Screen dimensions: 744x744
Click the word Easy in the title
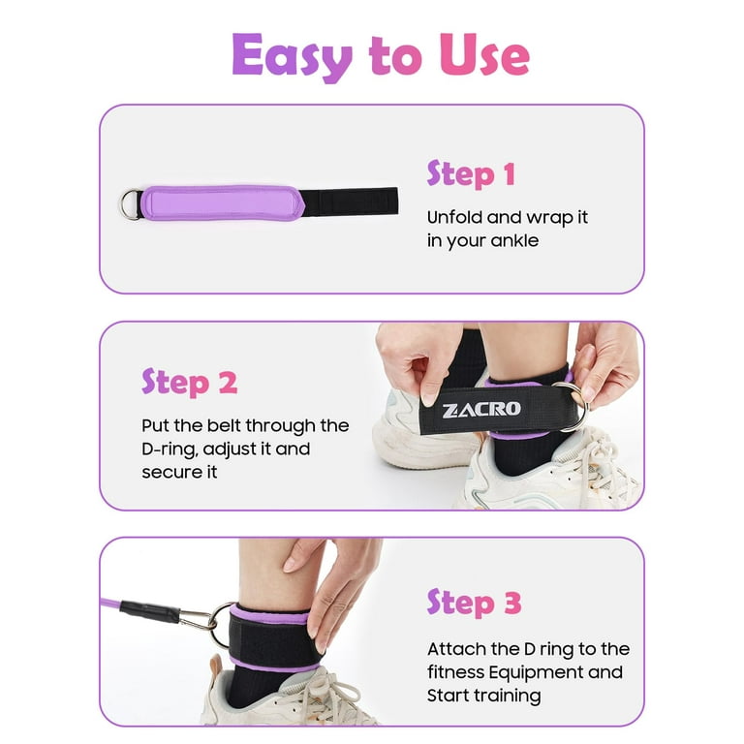pyautogui.click(x=292, y=57)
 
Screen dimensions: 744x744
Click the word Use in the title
pyautogui.click(x=484, y=54)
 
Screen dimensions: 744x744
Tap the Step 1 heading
pyautogui.click(x=471, y=174)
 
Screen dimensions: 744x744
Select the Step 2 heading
pyautogui.click(x=189, y=383)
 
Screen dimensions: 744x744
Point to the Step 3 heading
pyautogui.click(x=474, y=603)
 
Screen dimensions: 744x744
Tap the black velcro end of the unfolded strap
pyautogui.click(x=350, y=201)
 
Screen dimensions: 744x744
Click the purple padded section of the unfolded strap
pyautogui.click(x=222, y=203)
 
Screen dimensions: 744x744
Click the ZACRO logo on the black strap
pyautogui.click(x=481, y=410)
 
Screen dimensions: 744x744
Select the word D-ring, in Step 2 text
pyautogui.click(x=170, y=449)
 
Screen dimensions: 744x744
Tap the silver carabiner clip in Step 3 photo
pyautogui.click(x=196, y=618)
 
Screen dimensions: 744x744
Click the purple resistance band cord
pyautogui.click(x=110, y=604)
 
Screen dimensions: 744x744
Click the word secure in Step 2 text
pyautogui.click(x=170, y=473)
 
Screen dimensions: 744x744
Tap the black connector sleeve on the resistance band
pyautogui.click(x=149, y=611)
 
